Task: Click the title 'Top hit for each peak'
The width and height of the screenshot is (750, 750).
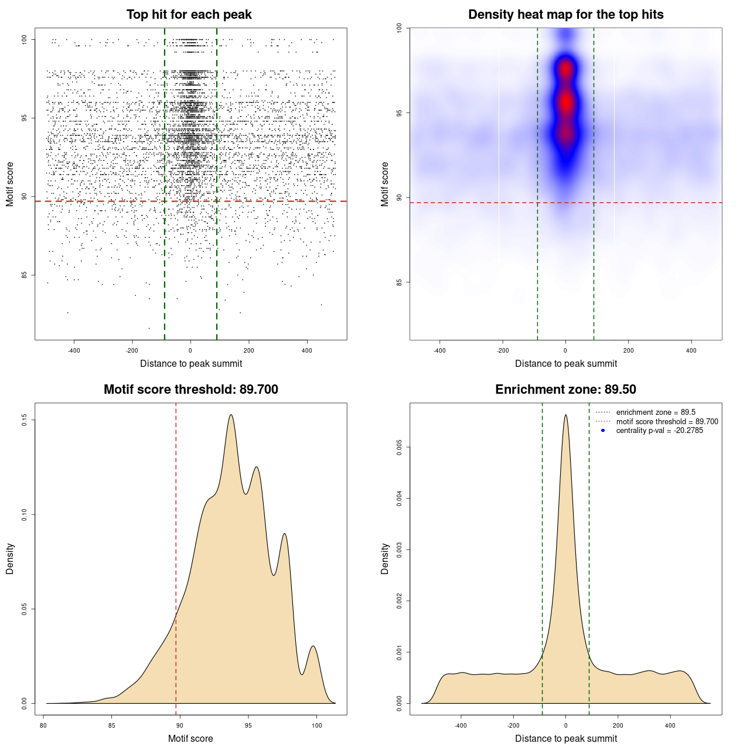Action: (189, 15)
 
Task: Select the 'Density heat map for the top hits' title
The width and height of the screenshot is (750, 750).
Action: (565, 15)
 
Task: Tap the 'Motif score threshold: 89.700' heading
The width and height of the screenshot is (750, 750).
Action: (190, 390)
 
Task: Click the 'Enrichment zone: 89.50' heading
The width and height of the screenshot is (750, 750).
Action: (565, 390)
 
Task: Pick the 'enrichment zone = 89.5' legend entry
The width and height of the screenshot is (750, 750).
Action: (656, 412)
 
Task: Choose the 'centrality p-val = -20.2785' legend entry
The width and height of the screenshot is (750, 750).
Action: (659, 431)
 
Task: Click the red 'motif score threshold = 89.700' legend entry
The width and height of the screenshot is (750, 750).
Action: (667, 422)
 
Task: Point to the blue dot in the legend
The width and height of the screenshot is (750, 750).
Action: (603, 431)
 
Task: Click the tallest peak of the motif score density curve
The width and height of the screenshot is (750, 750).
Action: (231, 415)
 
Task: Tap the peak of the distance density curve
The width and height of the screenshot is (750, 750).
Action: (565, 415)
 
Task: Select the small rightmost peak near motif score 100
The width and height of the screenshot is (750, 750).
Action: (313, 646)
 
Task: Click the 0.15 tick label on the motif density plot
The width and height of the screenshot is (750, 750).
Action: (25, 420)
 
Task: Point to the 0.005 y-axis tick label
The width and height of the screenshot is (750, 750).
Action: (400, 448)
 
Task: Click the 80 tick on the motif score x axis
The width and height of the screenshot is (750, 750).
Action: (43, 725)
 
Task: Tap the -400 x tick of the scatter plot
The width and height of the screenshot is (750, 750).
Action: (74, 350)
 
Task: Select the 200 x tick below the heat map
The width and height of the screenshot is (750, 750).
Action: (628, 350)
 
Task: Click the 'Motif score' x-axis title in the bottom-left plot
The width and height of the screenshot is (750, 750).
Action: (190, 738)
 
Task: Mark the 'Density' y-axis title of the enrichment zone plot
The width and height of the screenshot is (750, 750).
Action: (385, 558)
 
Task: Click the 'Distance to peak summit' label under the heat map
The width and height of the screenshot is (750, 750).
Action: (565, 363)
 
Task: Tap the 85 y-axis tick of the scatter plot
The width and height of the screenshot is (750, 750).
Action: (25, 275)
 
